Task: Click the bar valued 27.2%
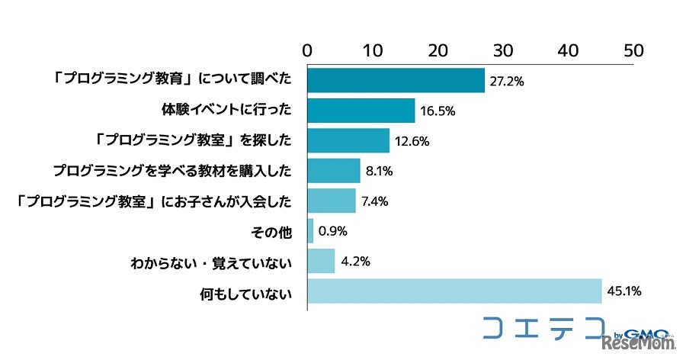396,80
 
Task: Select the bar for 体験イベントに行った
361,111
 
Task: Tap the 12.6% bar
348,140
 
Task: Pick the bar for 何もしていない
454,291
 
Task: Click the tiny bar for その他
310,231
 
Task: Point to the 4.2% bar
321,262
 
